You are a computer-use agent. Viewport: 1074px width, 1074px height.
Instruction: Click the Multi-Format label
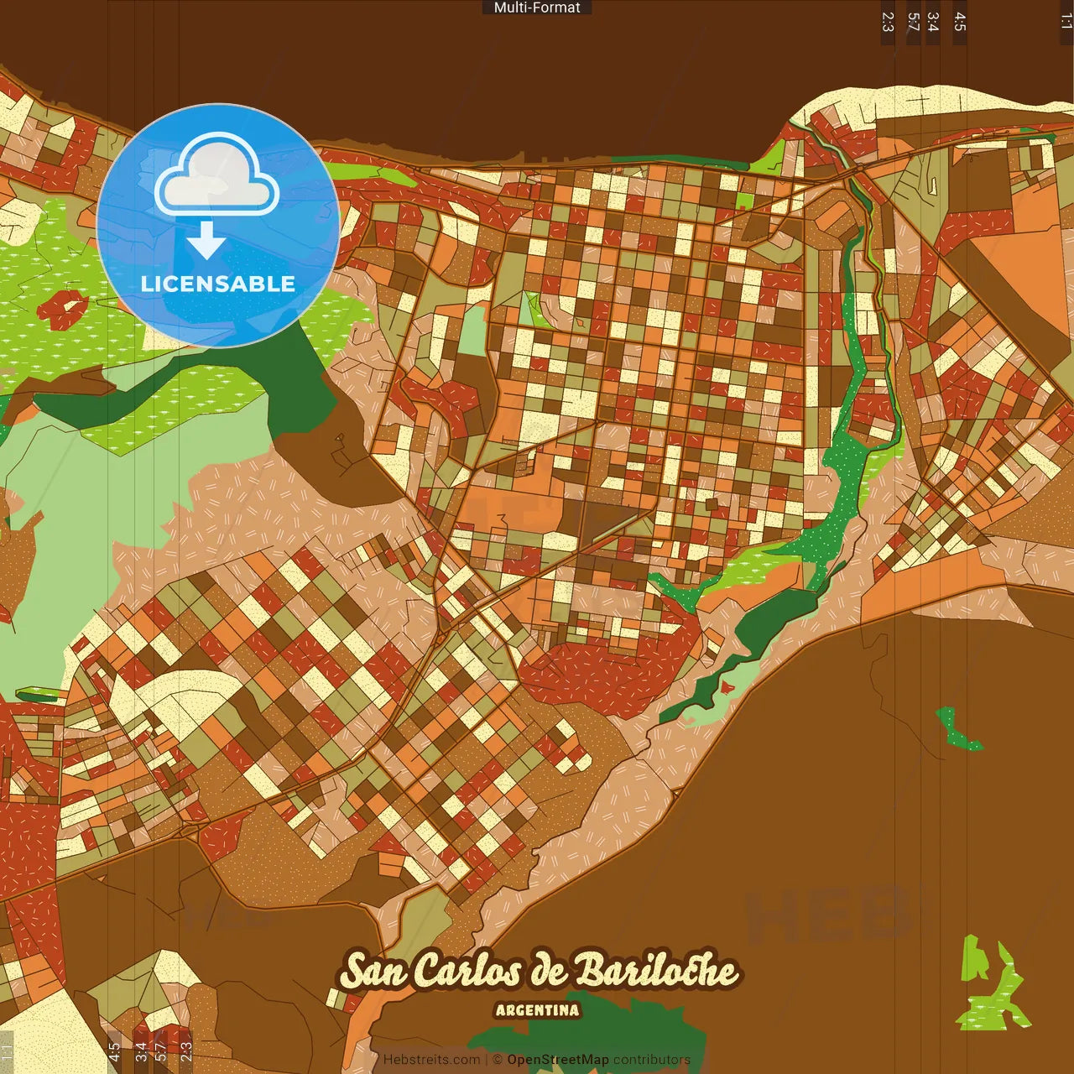(x=537, y=8)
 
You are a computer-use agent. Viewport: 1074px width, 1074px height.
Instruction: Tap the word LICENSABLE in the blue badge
(x=218, y=284)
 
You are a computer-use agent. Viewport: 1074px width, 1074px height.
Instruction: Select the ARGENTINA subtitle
(x=537, y=1010)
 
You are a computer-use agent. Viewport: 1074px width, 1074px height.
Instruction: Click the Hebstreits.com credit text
(x=431, y=1060)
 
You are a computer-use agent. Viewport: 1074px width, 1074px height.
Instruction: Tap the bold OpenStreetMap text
(x=557, y=1060)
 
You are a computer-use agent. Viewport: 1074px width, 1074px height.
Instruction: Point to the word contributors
(x=651, y=1060)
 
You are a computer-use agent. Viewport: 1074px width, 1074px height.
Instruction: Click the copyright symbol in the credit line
(x=498, y=1060)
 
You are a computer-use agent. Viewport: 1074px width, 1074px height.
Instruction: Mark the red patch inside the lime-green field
(x=62, y=309)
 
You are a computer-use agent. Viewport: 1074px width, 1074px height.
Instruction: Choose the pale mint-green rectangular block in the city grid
(x=472, y=331)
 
